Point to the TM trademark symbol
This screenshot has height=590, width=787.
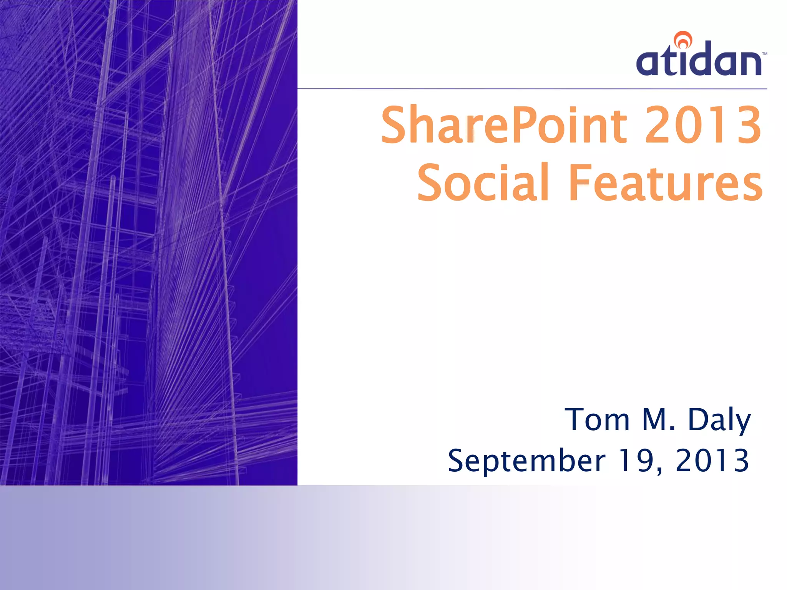pyautogui.click(x=764, y=54)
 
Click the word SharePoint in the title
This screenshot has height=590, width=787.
pyautogui.click(x=504, y=125)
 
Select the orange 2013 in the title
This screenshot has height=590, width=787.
pyautogui.click(x=703, y=125)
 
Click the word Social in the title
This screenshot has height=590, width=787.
pyautogui.click(x=483, y=182)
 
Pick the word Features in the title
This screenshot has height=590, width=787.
pyautogui.click(x=666, y=182)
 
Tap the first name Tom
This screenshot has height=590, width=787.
pyautogui.click(x=597, y=419)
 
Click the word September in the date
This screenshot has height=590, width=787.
pyautogui.click(x=526, y=461)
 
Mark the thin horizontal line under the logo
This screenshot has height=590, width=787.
pyautogui.click(x=532, y=89)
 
